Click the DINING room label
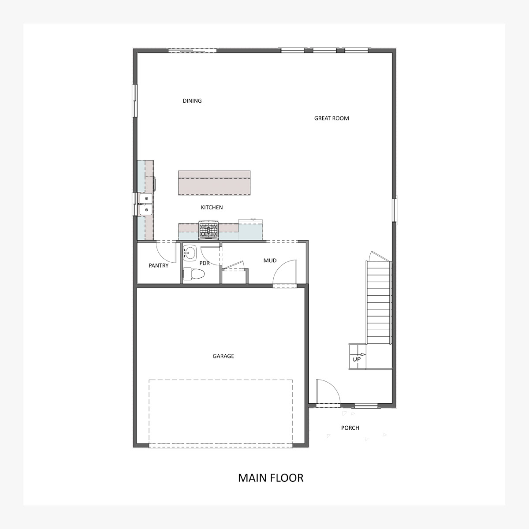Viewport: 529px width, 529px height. pos(192,101)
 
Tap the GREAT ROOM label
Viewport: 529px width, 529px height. pos(332,118)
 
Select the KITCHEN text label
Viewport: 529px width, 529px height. pos(212,208)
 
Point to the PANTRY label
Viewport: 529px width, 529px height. pos(158,265)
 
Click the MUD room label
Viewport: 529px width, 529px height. pos(270,261)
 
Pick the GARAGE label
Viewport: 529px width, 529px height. pos(223,356)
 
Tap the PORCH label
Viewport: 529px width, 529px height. pos(350,428)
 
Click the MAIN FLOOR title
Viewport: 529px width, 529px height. pos(271,478)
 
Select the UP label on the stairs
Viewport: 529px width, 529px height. pos(357,359)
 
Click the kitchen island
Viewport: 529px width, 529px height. pos(214,183)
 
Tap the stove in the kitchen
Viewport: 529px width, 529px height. pos(209,230)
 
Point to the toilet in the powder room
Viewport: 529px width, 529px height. pos(194,274)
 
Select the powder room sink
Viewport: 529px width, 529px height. pos(190,253)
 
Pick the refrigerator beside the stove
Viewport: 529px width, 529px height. pos(250,230)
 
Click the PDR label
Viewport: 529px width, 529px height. pos(205,263)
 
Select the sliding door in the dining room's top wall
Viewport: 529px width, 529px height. pos(193,50)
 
